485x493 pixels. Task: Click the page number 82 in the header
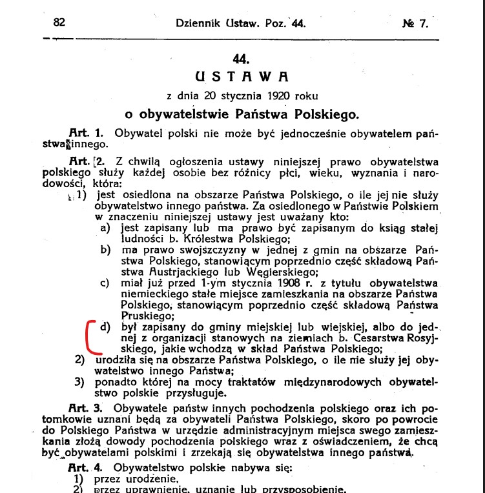[x=59, y=22]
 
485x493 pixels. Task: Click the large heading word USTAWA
[x=241, y=76]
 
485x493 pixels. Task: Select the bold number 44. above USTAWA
[x=241, y=58]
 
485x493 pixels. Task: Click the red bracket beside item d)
[x=90, y=336]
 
